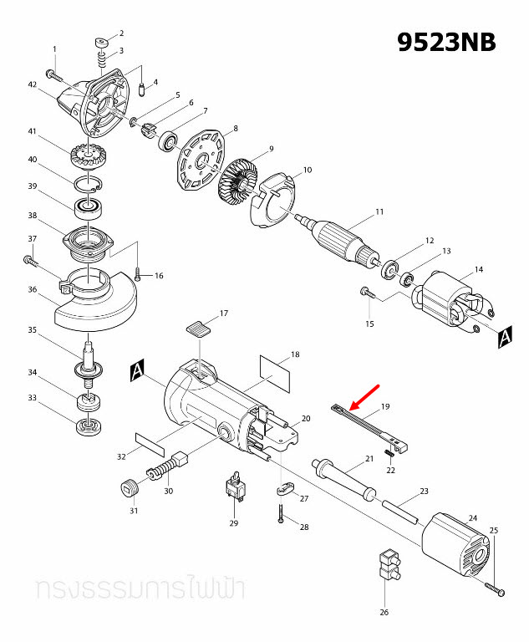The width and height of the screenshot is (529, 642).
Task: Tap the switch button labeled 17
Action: pyautogui.click(x=198, y=327)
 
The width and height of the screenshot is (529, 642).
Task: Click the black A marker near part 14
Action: pyautogui.click(x=504, y=337)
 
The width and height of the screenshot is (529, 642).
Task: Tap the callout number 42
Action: pyautogui.click(x=33, y=85)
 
